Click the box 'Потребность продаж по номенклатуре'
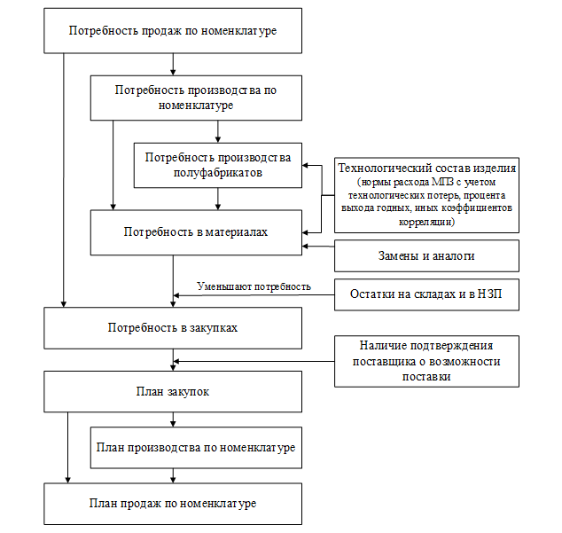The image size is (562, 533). (173, 32)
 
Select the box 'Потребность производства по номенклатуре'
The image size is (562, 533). (196, 98)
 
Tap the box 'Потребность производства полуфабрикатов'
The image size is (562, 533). (218, 165)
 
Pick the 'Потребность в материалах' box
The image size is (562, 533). (196, 232)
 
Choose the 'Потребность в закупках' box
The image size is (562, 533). (173, 327)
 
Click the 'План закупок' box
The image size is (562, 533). (173, 391)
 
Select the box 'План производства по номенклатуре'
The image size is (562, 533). (196, 448)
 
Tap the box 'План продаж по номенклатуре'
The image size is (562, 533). (173, 504)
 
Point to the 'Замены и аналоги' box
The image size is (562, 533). (426, 256)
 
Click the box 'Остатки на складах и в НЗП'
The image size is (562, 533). (426, 294)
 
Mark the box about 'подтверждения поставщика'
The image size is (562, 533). (426, 361)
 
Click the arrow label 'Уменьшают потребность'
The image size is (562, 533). (254, 286)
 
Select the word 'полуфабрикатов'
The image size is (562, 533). (218, 174)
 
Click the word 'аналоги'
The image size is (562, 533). (453, 256)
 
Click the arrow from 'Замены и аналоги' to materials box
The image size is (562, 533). (318, 247)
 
